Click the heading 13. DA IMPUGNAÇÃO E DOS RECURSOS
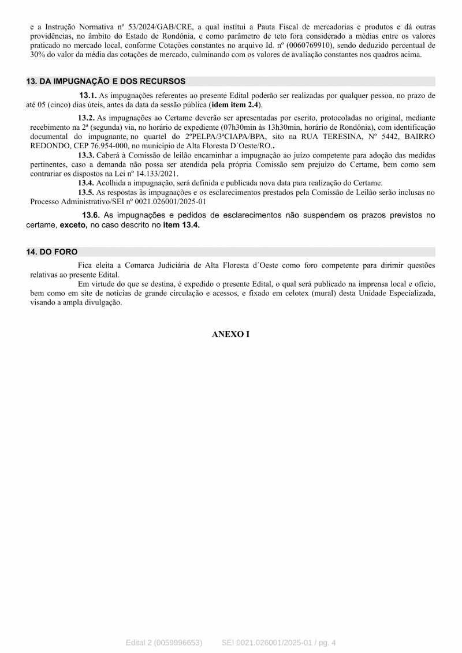(x=106, y=81)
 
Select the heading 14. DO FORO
(x=51, y=252)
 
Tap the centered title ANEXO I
(x=230, y=334)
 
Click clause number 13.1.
(x=88, y=95)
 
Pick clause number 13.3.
(x=87, y=155)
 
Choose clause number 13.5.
(x=87, y=192)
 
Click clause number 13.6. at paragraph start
(x=91, y=215)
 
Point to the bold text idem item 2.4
(x=235, y=104)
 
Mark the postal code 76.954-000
(x=95, y=146)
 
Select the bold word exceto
(x=73, y=225)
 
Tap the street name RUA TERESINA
(x=326, y=137)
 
